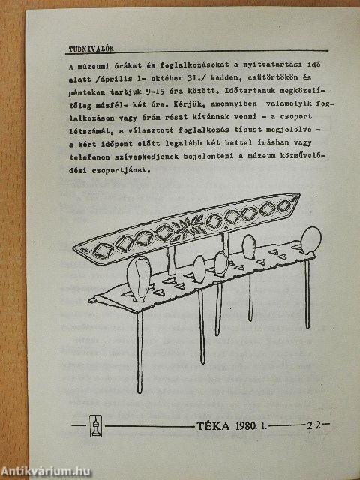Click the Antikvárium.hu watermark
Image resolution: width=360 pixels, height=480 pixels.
pos(46,471)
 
